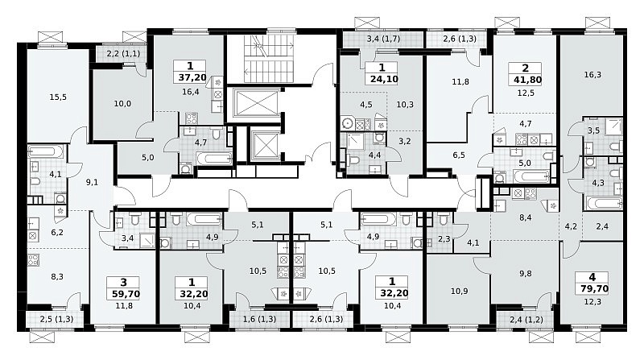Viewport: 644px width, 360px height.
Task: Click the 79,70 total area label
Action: [x=592, y=289]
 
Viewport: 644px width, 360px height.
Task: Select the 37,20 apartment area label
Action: [x=191, y=77]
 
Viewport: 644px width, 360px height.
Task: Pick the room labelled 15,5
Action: [x=58, y=97]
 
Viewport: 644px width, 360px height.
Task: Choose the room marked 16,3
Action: [x=592, y=75]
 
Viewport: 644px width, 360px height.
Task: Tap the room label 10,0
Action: [x=122, y=104]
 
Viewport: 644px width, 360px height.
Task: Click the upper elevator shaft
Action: [x=255, y=102]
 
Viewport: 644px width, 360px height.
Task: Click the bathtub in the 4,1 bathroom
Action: [x=46, y=152]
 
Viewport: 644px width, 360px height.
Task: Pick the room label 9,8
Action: [x=526, y=273]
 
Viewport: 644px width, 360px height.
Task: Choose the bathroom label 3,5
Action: [x=593, y=131]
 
